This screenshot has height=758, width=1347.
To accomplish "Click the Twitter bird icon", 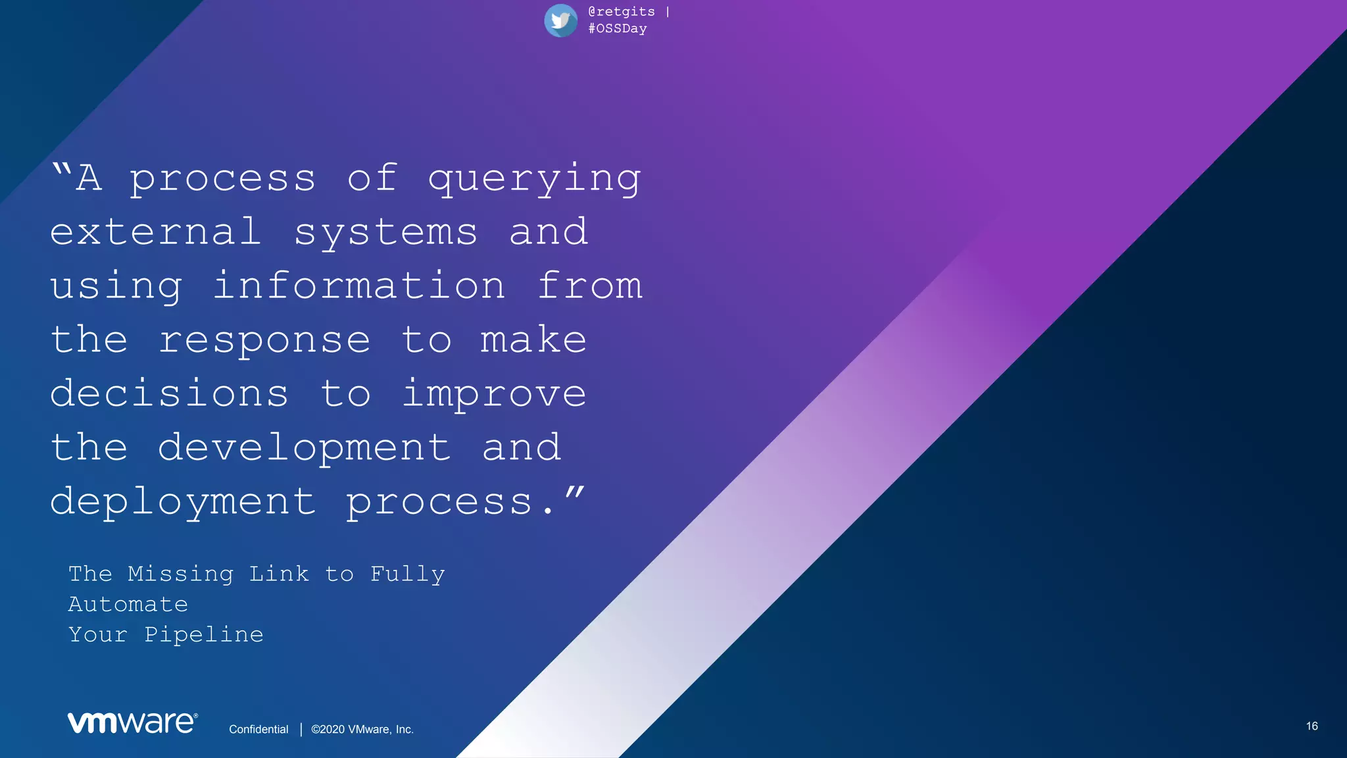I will coord(560,20).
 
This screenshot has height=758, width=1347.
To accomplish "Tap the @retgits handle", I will coord(622,12).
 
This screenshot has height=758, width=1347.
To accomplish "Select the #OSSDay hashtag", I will coord(618,29).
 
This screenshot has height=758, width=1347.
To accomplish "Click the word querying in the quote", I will coord(534,179).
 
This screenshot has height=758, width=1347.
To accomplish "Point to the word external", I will coord(155,232).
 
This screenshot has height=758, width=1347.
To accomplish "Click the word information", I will coord(359,286).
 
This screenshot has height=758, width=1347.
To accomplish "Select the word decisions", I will coord(169,393).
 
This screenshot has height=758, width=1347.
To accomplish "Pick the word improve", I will coord(494,395).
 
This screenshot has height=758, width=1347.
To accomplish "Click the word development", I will coord(304,449).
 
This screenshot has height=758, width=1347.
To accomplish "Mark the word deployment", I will coord(183,503).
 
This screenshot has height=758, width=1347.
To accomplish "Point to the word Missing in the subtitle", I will coord(180,574).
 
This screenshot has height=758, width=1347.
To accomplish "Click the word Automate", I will coord(128,604).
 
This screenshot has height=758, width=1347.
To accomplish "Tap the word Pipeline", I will coord(204,635).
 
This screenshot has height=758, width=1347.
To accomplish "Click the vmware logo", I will coord(132,722).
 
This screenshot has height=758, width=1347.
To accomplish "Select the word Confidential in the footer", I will coord(258,729).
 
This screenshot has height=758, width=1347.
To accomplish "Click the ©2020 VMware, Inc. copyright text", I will coord(362,729).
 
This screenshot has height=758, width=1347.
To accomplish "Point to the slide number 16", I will coord(1311,726).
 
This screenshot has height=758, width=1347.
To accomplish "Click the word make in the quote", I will coord(533,340).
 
